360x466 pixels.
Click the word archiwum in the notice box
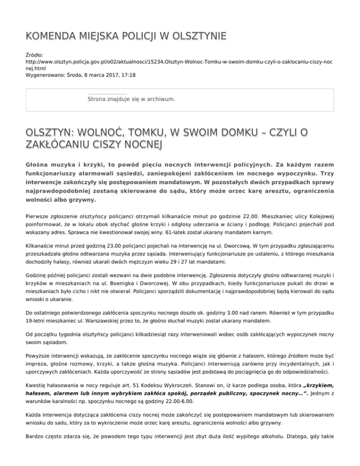pos(160,99)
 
